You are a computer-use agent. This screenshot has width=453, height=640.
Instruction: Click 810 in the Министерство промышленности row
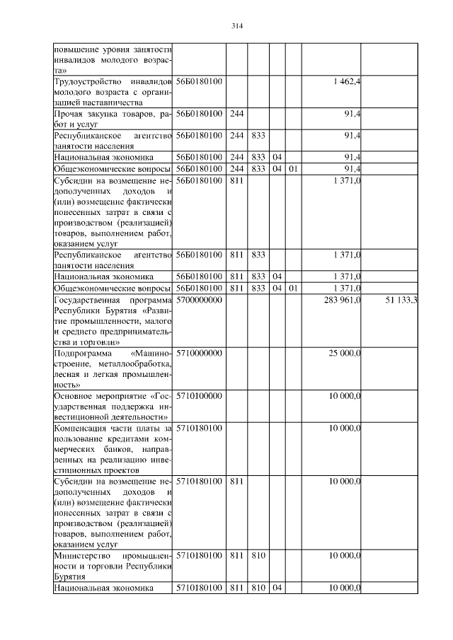click(258, 556)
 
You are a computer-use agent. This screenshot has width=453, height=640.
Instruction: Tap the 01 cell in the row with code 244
click(294, 170)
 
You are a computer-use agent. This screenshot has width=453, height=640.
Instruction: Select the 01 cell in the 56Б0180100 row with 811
click(294, 289)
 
